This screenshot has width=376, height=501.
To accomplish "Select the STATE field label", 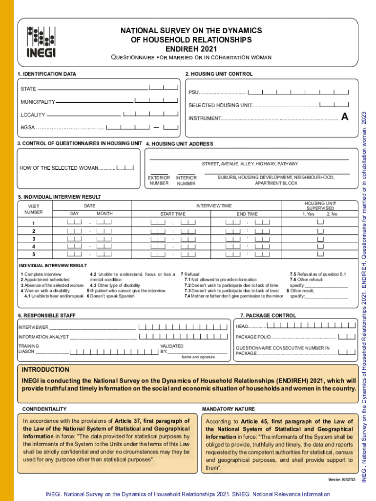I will pyautogui.click(x=28, y=90).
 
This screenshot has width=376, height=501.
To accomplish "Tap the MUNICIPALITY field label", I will pyautogui.click(x=38, y=102).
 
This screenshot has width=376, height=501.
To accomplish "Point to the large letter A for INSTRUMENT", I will pyautogui.click(x=345, y=117).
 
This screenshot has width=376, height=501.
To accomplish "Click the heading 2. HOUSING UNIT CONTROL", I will pyautogui.click(x=219, y=74).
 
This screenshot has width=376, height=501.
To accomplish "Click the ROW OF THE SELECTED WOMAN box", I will pyautogui.click(x=125, y=168).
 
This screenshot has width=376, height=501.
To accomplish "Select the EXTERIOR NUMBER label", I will pyautogui.click(x=159, y=181).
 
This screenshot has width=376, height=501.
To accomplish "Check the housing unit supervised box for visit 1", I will pyautogui.click(x=320, y=223).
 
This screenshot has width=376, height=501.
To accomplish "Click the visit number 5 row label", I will pyautogui.click(x=34, y=254).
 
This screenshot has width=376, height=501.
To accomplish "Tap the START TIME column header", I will pyautogui.click(x=173, y=214).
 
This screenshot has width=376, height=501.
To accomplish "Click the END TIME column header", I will pyautogui.click(x=247, y=214).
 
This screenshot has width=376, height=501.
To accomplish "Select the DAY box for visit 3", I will pyautogui.click(x=74, y=239).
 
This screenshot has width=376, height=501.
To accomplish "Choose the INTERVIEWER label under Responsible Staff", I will pyautogui.click(x=33, y=327).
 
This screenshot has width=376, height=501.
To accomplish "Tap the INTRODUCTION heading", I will pyautogui.click(x=45, y=370).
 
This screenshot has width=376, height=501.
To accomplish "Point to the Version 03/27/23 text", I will pyautogui.click(x=343, y=479).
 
